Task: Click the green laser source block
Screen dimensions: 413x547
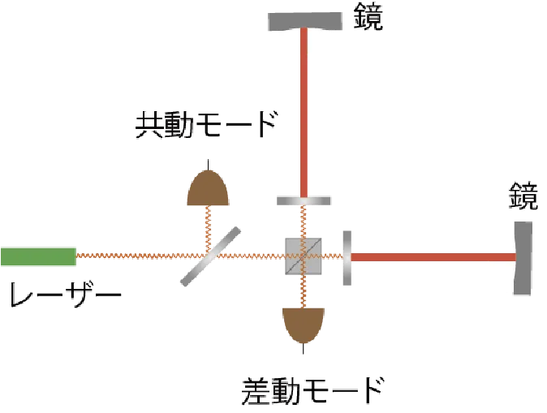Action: click(38, 257)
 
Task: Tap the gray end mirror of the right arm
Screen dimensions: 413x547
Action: click(524, 257)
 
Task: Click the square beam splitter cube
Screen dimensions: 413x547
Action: click(301, 257)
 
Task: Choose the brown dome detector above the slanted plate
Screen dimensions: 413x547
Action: click(209, 189)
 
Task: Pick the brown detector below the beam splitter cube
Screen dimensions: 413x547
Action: click(302, 322)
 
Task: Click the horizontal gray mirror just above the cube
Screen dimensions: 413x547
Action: click(304, 200)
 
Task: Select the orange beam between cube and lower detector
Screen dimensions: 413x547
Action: click(302, 293)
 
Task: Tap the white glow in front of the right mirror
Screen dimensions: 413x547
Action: click(497, 257)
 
